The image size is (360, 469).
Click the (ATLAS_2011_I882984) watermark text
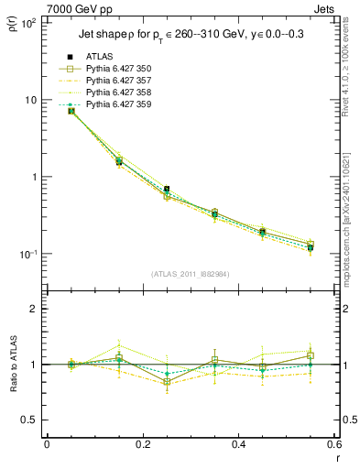[190, 274]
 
